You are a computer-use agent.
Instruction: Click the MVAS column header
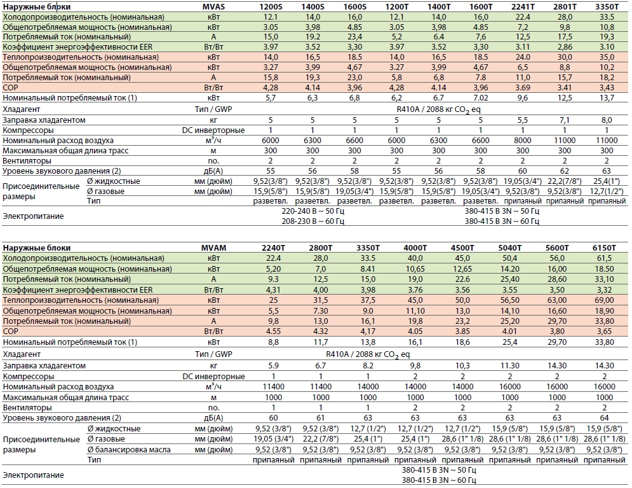(x=213, y=6)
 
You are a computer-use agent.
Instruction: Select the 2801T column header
(x=565, y=6)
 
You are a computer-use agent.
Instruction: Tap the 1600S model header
(x=354, y=6)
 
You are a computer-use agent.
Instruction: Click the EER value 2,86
(x=565, y=47)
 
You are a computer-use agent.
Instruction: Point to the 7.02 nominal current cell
(x=480, y=98)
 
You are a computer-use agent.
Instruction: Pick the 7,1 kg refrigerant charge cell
(x=565, y=120)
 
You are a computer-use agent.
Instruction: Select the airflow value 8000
(x=523, y=140)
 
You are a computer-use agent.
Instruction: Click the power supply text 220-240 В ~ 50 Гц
(x=313, y=211)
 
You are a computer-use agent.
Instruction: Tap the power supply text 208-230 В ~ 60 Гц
(x=313, y=221)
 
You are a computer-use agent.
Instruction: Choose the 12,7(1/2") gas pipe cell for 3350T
(x=607, y=191)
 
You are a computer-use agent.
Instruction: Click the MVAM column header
(x=213, y=248)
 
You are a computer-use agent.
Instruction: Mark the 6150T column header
(x=604, y=248)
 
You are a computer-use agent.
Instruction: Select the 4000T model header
(x=415, y=248)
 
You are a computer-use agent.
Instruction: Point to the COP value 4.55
(x=273, y=331)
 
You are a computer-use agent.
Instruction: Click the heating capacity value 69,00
(x=604, y=300)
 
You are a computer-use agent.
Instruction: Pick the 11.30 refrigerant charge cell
(x=510, y=365)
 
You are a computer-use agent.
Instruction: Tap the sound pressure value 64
(x=604, y=418)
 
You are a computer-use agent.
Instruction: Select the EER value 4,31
(x=273, y=290)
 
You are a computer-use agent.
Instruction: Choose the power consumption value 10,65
(x=415, y=269)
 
